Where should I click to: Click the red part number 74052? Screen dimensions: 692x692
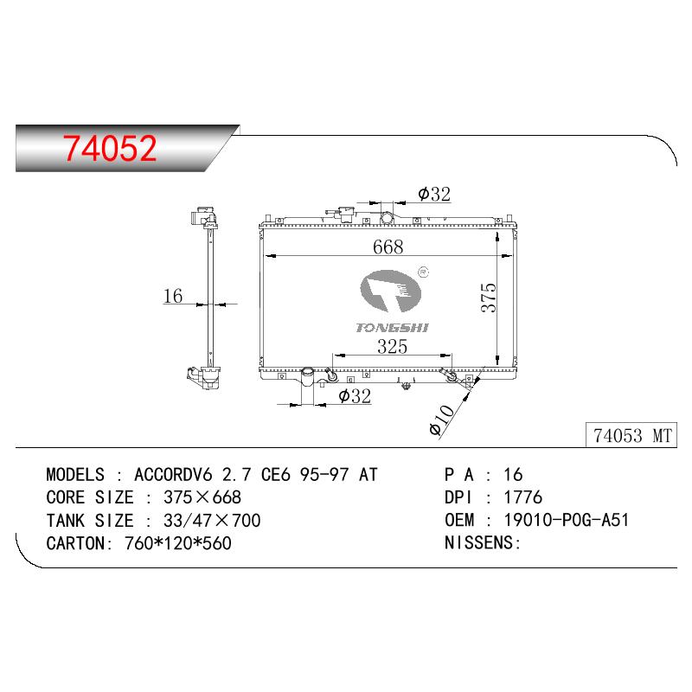point(110,148)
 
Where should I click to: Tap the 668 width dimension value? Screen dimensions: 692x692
point(388,247)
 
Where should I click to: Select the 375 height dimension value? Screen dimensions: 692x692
point(489,298)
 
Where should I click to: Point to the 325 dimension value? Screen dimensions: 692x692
point(392,347)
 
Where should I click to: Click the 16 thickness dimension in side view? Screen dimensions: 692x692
point(172,296)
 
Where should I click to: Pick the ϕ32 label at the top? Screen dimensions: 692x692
point(434,194)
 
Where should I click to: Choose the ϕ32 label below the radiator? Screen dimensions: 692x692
point(355,396)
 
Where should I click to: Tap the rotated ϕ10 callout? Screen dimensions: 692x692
point(441,420)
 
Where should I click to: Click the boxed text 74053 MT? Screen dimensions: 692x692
point(632,436)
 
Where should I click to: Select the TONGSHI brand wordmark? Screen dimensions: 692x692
point(392,328)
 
